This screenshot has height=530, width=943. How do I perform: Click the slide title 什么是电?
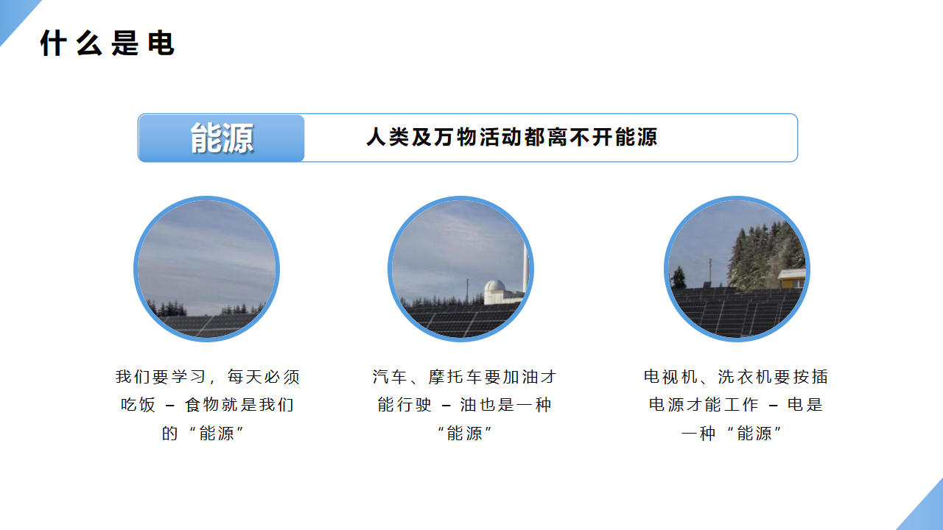(x=107, y=43)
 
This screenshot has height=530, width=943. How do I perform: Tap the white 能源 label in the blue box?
(x=222, y=138)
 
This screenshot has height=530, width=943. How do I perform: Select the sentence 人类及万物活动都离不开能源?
(x=511, y=137)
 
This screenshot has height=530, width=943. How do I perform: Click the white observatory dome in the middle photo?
(x=494, y=287)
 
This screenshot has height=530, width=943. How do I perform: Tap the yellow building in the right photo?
(x=792, y=278)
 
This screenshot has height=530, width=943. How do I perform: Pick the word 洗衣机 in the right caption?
(x=744, y=376)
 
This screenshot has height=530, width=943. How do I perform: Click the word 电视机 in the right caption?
(x=670, y=376)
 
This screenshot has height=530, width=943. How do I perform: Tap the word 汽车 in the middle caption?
(x=390, y=376)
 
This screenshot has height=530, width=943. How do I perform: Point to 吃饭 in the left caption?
(x=138, y=405)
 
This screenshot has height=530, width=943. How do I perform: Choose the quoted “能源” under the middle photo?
(x=464, y=433)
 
